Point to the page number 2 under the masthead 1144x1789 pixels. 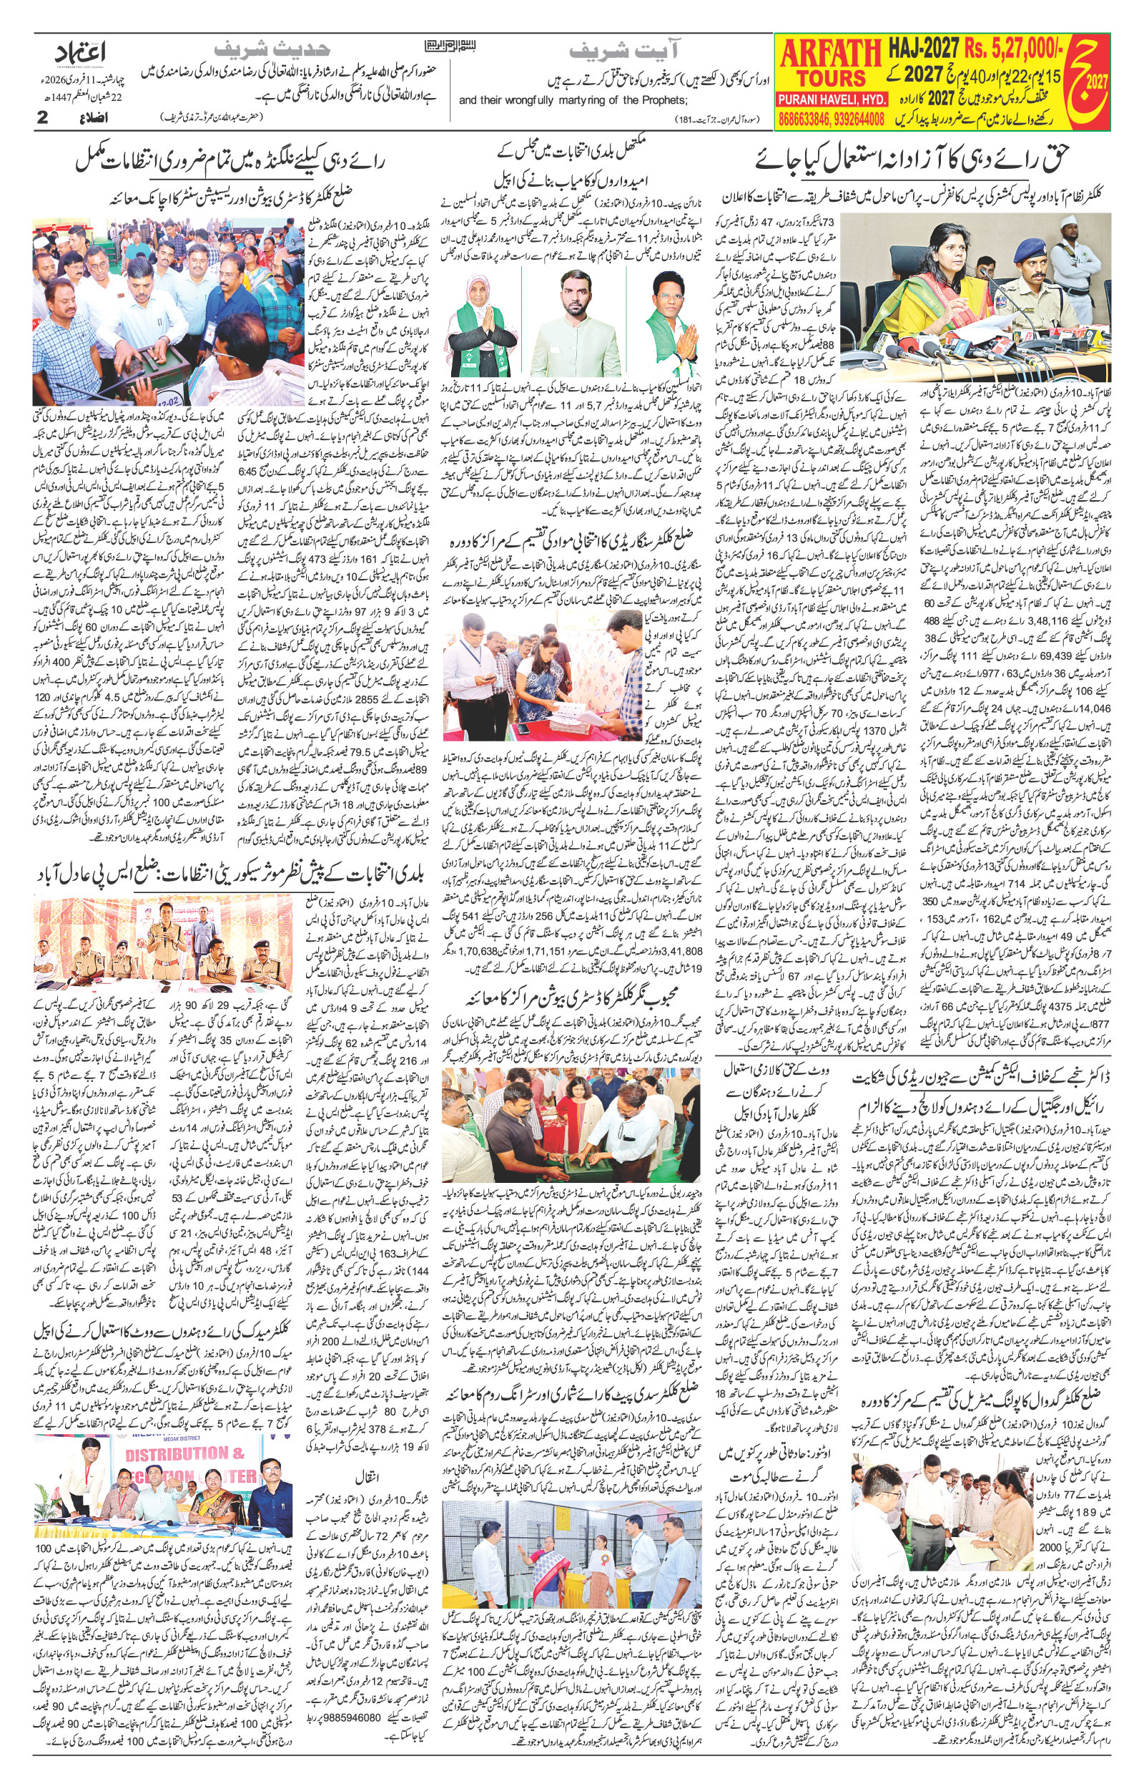[42, 117]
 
